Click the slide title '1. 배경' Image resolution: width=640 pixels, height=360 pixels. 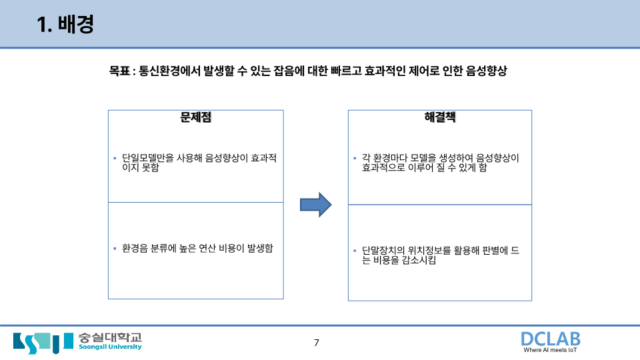click(x=65, y=25)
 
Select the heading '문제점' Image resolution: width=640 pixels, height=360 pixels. click(x=196, y=118)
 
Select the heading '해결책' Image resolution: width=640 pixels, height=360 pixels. click(x=440, y=118)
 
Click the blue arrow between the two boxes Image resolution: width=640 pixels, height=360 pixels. click(x=315, y=204)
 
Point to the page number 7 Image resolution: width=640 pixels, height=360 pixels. click(x=317, y=343)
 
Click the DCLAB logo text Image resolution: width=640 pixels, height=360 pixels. click(x=550, y=339)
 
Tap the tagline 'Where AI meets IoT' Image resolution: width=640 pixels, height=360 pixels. click(x=551, y=351)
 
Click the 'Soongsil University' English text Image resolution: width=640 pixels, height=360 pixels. click(x=110, y=347)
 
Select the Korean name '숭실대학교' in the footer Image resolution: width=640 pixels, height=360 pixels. click(x=110, y=337)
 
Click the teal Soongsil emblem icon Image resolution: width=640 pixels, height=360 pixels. click(x=43, y=341)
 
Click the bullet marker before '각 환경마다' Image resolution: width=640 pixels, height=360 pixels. click(x=355, y=159)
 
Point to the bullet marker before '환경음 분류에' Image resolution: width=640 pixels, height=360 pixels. click(x=115, y=248)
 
